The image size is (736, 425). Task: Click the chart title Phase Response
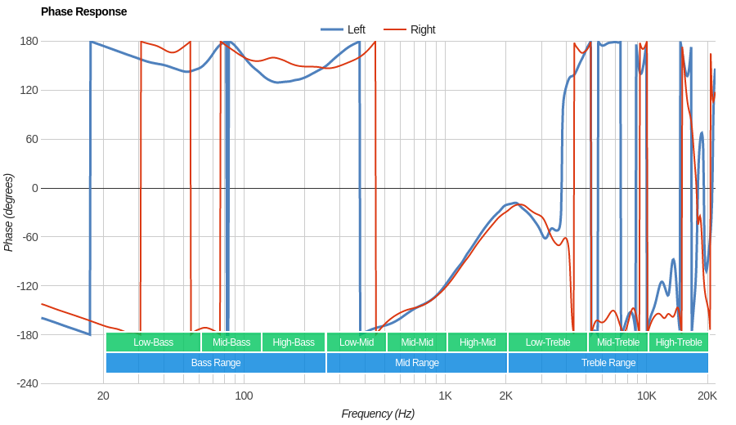coord(83,11)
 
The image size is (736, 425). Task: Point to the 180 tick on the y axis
coord(29,41)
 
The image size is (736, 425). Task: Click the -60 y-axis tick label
coord(29,237)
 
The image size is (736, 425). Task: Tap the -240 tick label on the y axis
coord(27,384)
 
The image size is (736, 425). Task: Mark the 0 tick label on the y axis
coord(34,188)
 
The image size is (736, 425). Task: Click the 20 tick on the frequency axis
coord(103,396)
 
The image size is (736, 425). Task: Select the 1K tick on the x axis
coord(445,396)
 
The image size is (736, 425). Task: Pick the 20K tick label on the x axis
coord(707,396)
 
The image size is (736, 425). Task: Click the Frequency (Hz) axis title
coord(378,414)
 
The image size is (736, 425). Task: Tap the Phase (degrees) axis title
coord(9,212)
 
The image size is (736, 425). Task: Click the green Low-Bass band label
coord(153,342)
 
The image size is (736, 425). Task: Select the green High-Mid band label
coord(477,342)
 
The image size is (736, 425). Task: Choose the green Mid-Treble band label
coord(618,342)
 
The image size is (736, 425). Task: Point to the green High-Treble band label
coord(679,342)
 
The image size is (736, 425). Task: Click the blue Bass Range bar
coord(216,363)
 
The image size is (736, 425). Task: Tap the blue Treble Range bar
coord(608,363)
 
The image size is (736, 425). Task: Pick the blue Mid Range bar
coord(417,363)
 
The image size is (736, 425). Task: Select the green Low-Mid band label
coord(357,342)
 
